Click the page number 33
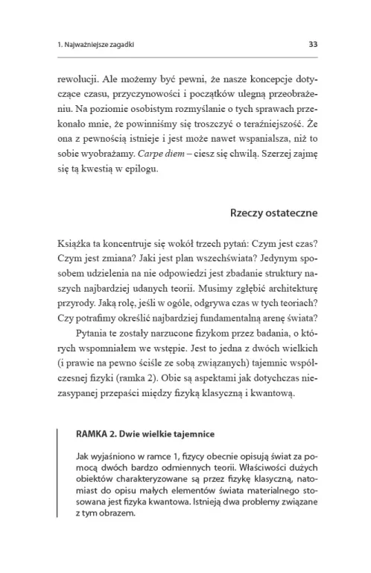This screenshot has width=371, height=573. click(x=313, y=44)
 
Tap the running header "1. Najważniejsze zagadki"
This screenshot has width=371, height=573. click(x=95, y=44)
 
